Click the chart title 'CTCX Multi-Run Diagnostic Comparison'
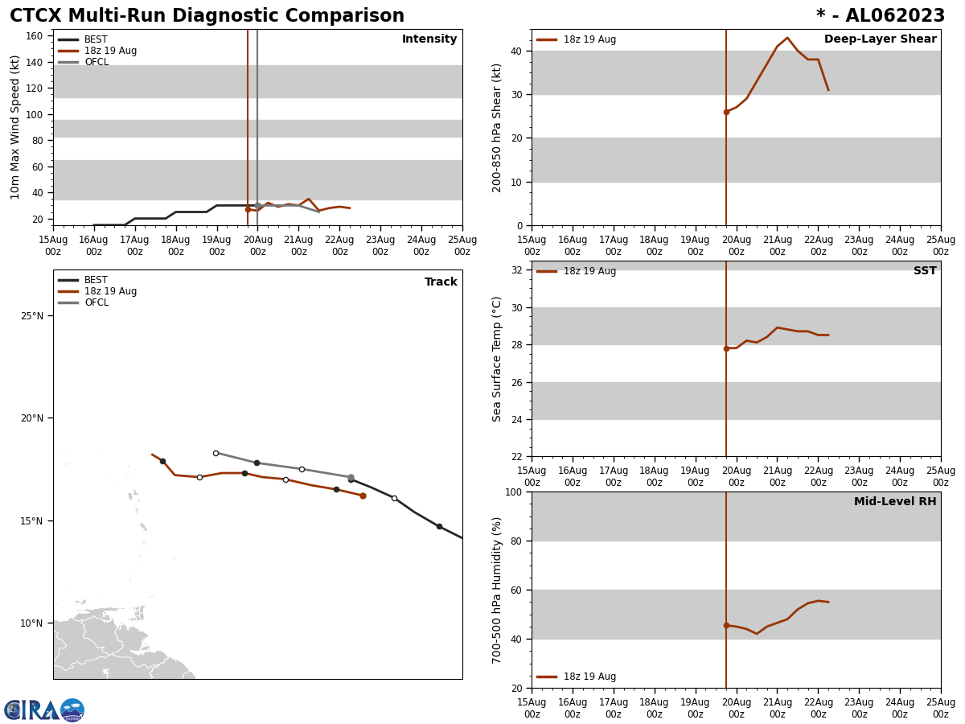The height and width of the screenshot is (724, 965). coord(207,16)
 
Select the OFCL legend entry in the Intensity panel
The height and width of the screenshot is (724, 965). coord(96,62)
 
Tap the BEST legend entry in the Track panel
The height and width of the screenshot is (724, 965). coord(96,280)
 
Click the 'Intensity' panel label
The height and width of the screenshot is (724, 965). coord(429,39)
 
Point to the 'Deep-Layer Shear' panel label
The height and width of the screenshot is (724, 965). coord(880,39)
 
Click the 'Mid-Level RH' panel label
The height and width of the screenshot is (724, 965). coord(895,502)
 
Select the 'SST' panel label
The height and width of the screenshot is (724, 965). coord(925,271)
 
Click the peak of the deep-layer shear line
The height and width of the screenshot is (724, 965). coord(787,38)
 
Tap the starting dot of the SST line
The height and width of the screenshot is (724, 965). coord(726,348)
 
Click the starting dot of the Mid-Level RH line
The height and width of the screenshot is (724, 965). coord(726,625)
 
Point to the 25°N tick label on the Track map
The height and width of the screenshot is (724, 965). coord(33,315)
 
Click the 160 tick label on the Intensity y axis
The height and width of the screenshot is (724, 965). coord(34,36)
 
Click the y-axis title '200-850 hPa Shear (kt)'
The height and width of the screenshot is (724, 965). coord(498,127)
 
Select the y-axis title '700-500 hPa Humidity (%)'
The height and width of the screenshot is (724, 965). coord(498,590)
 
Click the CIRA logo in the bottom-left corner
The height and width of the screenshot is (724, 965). coord(43,710)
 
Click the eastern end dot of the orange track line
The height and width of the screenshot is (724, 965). coord(363,496)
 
